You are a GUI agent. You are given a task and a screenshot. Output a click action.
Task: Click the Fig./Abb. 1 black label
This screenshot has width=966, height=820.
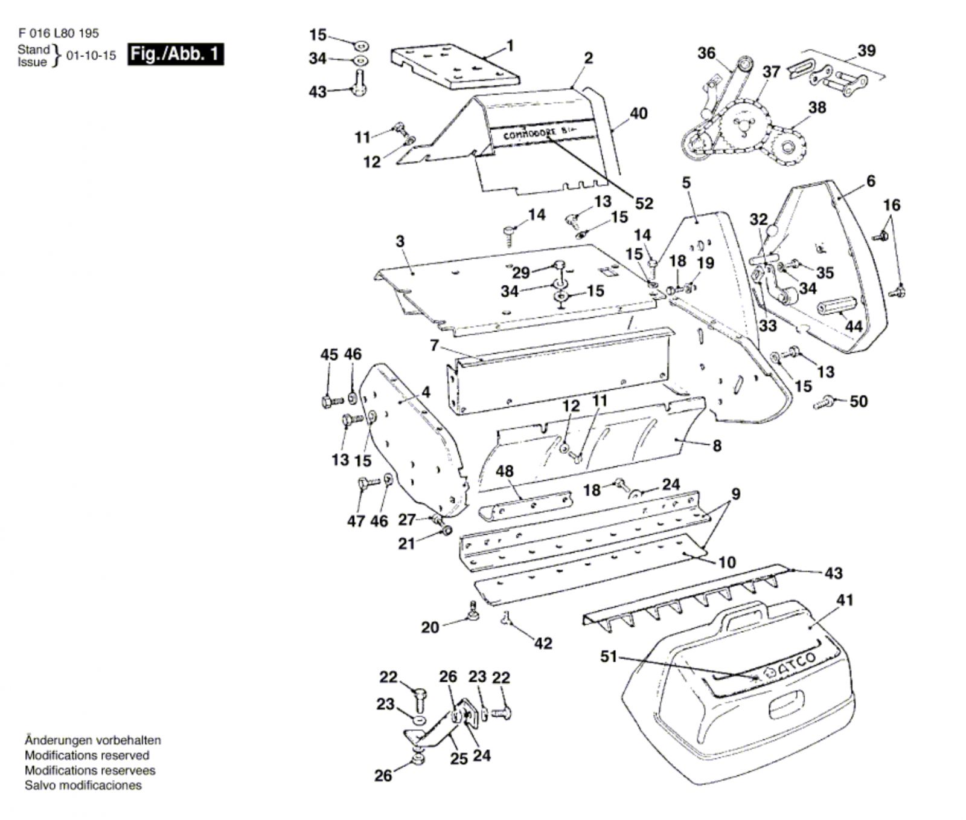(175, 54)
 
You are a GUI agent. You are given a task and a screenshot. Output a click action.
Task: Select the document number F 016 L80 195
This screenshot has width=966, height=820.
(59, 34)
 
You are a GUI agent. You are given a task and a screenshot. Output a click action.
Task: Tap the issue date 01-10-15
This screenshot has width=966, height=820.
(91, 56)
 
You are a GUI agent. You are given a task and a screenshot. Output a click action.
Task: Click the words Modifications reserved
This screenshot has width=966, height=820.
(86, 755)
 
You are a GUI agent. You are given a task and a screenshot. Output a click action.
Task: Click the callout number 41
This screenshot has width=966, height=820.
(845, 600)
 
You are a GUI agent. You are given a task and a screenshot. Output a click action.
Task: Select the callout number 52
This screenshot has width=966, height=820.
(644, 203)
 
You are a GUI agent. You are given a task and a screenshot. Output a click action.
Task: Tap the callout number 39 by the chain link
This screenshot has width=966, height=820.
(866, 51)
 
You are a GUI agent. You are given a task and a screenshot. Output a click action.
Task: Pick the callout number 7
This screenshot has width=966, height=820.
(434, 345)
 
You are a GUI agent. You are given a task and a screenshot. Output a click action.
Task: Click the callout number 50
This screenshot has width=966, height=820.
(859, 401)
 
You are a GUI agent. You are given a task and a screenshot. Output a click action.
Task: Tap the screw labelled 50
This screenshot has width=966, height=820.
(824, 401)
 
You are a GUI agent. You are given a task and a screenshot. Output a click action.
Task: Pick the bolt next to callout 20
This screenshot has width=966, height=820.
(474, 612)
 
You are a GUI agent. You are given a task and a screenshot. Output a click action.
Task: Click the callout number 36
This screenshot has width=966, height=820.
(706, 53)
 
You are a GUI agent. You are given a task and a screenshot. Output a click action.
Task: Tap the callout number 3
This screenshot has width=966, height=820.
(400, 241)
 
